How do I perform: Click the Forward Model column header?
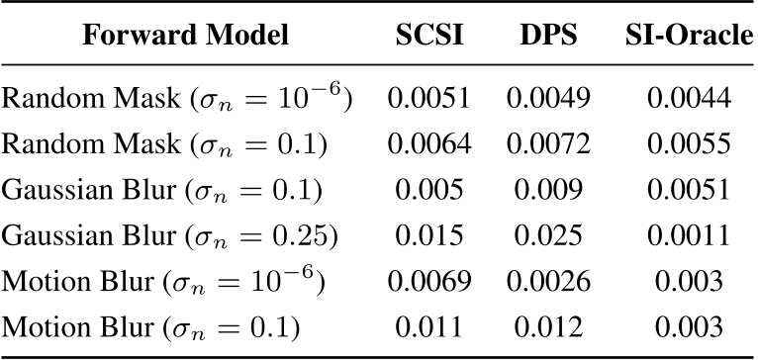pyautogui.click(x=186, y=38)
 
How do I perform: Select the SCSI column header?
pyautogui.click(x=428, y=38)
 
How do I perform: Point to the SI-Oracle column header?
pyautogui.click(x=689, y=38)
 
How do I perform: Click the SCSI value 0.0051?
pyautogui.click(x=428, y=98)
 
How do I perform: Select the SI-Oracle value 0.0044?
pyautogui.click(x=689, y=98)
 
